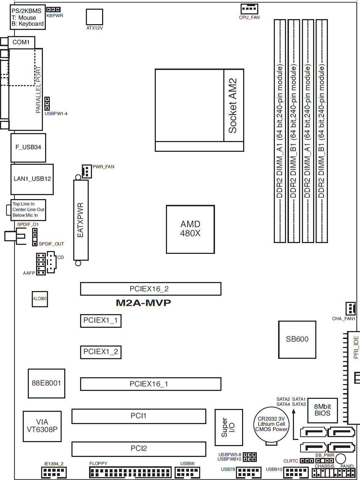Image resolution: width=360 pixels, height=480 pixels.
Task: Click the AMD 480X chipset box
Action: click(190, 229)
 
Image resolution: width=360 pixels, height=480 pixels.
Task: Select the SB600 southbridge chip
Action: click(297, 339)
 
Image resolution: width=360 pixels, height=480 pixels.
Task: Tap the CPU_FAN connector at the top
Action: click(249, 9)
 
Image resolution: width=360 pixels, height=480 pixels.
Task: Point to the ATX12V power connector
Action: click(94, 17)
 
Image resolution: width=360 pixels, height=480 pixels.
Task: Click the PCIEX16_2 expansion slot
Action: click(150, 289)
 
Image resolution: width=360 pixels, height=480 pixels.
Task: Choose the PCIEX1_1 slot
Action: click(100, 320)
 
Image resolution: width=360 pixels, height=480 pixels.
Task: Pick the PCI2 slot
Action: click(139, 449)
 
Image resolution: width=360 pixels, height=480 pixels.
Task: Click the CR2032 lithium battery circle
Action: click(271, 424)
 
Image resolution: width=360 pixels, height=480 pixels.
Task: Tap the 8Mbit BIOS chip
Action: click(322, 410)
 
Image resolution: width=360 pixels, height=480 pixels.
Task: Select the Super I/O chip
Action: click(228, 428)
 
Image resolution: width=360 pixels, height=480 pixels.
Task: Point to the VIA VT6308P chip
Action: click(42, 426)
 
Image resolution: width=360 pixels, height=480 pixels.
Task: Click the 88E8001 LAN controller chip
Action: click(46, 383)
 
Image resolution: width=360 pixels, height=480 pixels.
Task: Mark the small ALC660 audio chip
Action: click(40, 299)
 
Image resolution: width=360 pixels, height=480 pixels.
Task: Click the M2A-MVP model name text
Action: click(143, 303)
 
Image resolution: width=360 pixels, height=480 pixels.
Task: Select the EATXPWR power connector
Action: click(81, 220)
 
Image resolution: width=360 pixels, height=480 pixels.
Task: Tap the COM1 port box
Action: click(21, 42)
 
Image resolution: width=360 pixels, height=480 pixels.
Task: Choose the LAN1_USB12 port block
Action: click(32, 179)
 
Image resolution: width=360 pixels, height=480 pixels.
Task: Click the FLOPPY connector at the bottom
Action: click(130, 472)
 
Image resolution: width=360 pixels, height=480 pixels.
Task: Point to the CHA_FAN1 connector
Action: click(350, 309)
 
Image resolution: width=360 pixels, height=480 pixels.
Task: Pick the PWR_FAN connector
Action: click(87, 171)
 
